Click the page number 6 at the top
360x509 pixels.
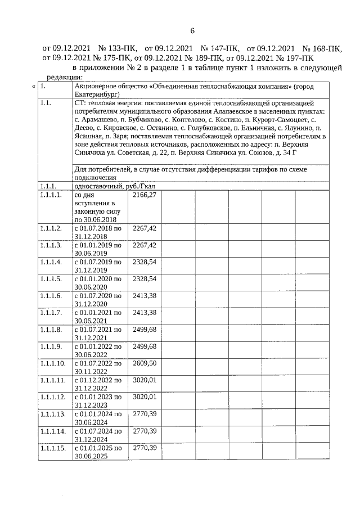click(x=191, y=30)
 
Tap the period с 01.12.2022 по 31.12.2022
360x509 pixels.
click(x=98, y=384)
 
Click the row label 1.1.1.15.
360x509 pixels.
click(x=52, y=448)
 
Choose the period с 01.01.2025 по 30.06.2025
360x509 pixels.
click(x=98, y=452)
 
